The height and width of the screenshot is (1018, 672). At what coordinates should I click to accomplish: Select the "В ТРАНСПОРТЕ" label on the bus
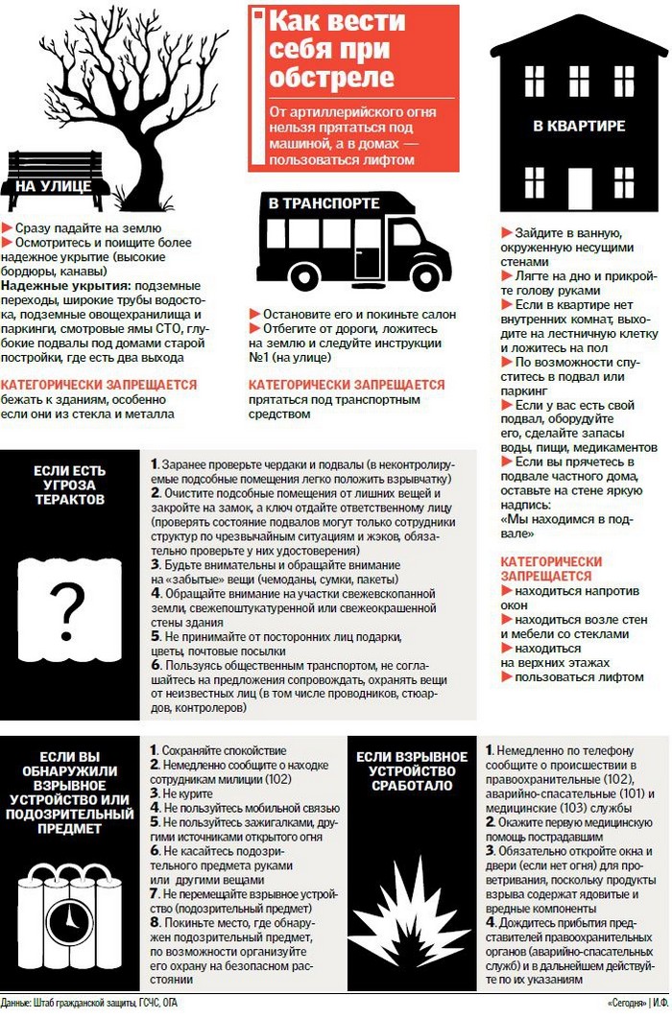pyautogui.click(x=317, y=204)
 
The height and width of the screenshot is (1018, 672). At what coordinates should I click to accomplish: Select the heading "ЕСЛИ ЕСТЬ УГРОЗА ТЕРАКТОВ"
pyautogui.click(x=68, y=485)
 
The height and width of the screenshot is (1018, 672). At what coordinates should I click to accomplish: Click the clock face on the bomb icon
pyautogui.click(x=68, y=922)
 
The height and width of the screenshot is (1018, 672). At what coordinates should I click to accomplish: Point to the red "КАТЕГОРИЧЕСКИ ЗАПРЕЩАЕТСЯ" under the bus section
pyautogui.click(x=346, y=385)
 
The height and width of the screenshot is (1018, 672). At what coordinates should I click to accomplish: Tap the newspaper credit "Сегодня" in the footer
pyautogui.click(x=627, y=1003)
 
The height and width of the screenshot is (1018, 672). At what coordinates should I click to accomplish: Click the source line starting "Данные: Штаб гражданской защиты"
pyautogui.click(x=91, y=1003)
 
